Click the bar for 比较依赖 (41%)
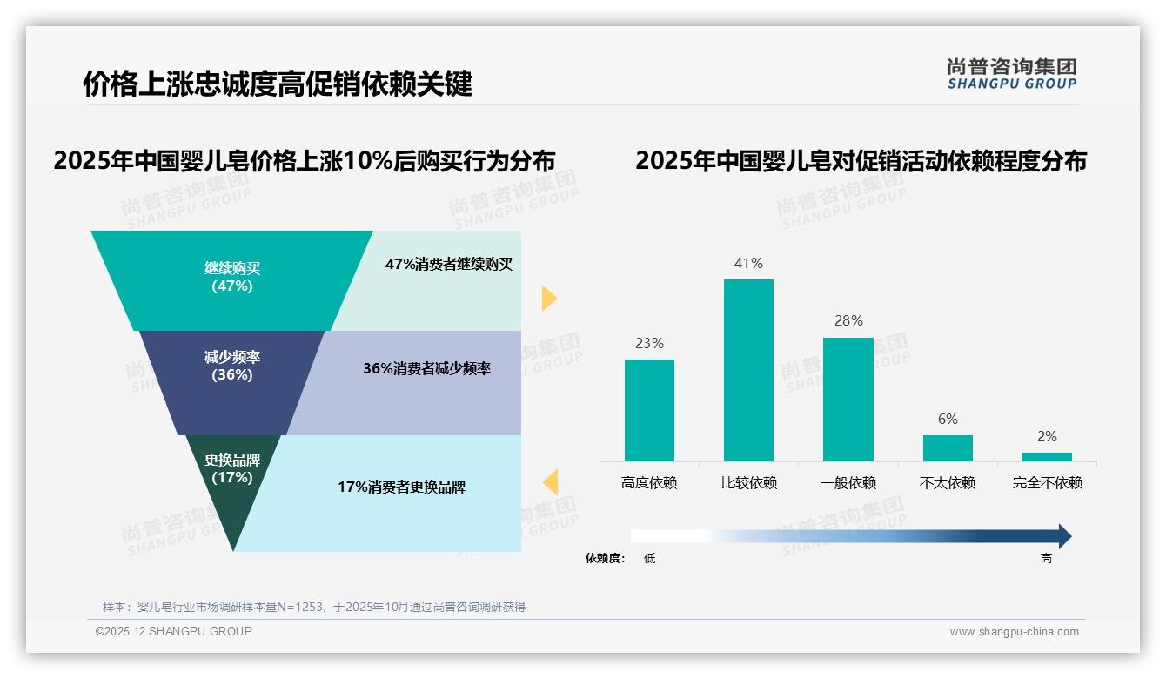[748, 370]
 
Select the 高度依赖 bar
[649, 410]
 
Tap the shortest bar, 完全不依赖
[1047, 456]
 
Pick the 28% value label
[848, 321]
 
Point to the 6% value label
[948, 420]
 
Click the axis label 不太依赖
[948, 483]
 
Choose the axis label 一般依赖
[848, 483]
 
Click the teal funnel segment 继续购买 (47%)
[231, 279]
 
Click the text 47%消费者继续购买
[449, 265]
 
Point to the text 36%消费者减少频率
[426, 369]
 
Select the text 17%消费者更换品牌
[401, 487]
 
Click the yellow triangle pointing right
[548, 298]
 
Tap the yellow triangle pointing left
[550, 481]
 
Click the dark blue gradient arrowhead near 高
[1063, 536]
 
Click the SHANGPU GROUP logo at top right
[1011, 74]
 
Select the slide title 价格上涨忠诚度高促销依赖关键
[278, 84]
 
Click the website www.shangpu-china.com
[1014, 632]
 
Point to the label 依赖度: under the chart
[605, 559]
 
